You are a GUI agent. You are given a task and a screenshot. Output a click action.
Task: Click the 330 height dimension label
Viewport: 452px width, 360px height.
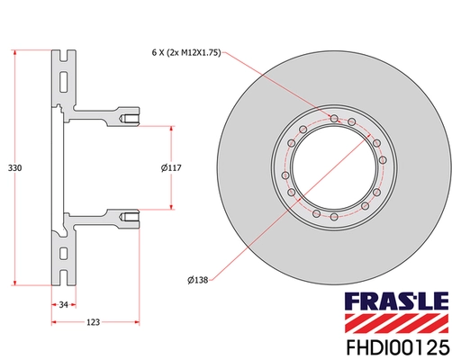point(14,166)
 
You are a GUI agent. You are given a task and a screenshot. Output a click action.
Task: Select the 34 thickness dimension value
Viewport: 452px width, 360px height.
point(62,306)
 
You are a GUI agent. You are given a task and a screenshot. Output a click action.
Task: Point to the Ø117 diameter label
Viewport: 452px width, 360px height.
point(171,167)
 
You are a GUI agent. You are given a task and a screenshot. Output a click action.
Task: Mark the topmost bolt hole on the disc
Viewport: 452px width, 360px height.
point(334,119)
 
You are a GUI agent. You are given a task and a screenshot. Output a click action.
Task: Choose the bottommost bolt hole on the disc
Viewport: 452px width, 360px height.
point(334,218)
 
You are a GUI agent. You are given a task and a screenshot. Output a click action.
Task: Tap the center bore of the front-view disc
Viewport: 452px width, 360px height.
point(334,168)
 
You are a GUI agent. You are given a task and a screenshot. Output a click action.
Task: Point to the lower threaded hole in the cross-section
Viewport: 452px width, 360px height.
point(131,217)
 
